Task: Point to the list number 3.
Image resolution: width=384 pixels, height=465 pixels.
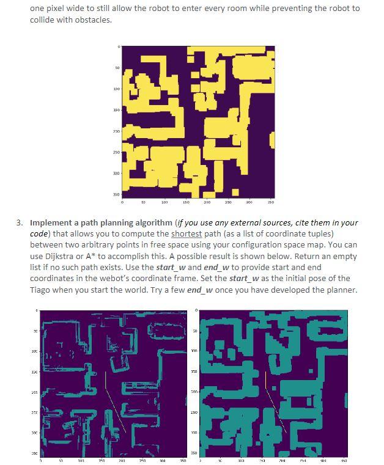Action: [x=20, y=223]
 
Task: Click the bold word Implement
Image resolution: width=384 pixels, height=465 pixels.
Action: [x=53, y=223]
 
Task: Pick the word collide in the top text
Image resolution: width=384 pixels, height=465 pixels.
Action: [x=43, y=20]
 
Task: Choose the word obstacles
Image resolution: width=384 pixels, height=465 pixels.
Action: [x=95, y=20]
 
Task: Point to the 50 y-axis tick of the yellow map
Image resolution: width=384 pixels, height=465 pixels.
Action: [x=116, y=68]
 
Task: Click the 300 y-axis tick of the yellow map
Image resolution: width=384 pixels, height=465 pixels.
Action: [x=116, y=173]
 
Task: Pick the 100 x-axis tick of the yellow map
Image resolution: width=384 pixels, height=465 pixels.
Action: [x=164, y=201]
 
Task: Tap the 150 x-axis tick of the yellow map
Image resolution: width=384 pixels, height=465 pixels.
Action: [x=185, y=201]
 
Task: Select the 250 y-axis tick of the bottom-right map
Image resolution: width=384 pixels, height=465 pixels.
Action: [x=193, y=414]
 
